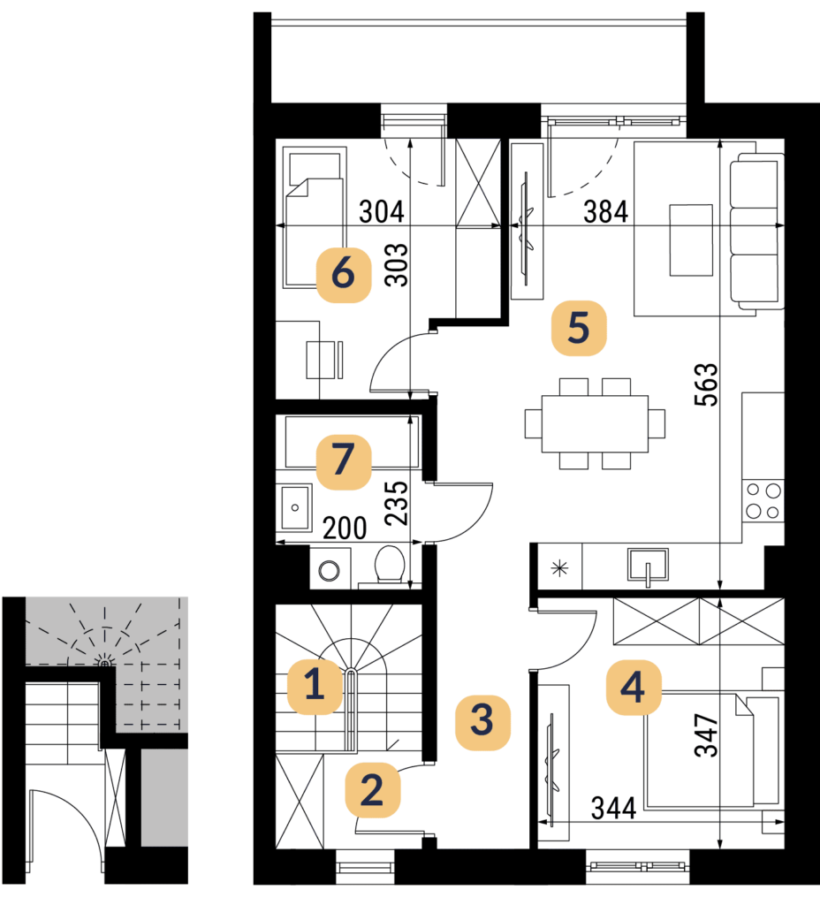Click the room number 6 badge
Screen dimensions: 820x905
tap(344, 274)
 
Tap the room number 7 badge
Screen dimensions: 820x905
tap(344, 461)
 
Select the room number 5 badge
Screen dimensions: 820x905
tap(579, 328)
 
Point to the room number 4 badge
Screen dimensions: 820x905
tap(633, 688)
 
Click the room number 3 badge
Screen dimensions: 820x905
tap(482, 723)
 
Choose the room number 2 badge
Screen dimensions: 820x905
tap(372, 789)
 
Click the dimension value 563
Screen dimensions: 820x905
tap(706, 385)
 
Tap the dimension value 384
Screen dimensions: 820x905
tap(605, 211)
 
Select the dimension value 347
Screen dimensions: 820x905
tap(706, 734)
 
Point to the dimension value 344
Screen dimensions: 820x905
tap(613, 808)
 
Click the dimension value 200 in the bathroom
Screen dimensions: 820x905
tap(345, 528)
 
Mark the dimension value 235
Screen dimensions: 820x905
tap(397, 503)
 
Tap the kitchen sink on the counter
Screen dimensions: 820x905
tap(648, 565)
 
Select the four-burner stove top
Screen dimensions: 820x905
tap(763, 501)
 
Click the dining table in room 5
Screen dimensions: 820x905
tap(595, 423)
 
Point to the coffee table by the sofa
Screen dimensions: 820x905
tap(691, 240)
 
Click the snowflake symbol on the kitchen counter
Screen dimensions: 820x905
tap(559, 568)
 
